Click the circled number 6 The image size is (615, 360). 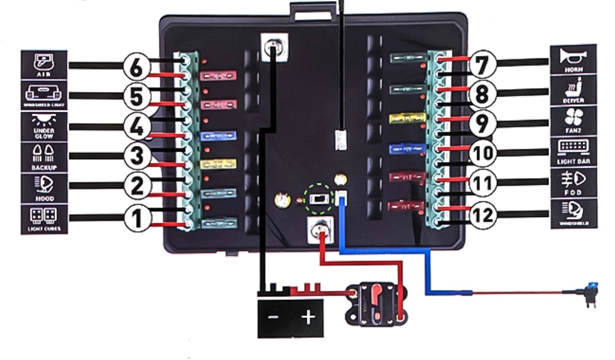(136, 67)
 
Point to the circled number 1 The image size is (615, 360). (137, 218)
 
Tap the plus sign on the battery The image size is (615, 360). (309, 317)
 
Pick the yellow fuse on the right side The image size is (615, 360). (408, 119)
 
